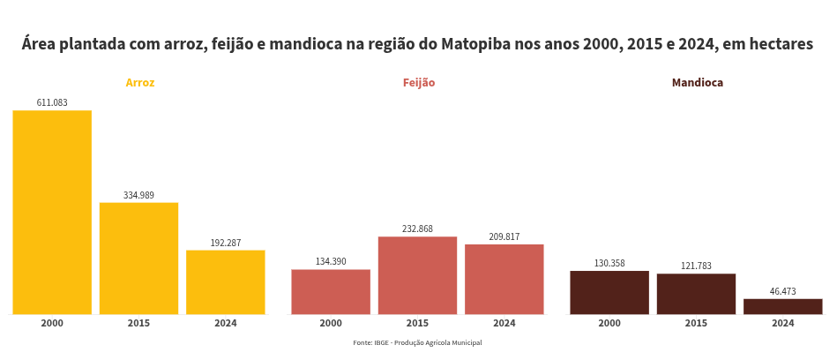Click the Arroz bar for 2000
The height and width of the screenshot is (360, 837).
pyautogui.click(x=52, y=212)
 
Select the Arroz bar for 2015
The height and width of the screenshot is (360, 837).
pyautogui.click(x=138, y=258)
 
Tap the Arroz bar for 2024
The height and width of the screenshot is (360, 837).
pyautogui.click(x=225, y=281)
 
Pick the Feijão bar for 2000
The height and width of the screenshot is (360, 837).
pyautogui.click(x=331, y=291)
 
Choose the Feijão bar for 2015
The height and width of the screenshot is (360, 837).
pyautogui.click(x=417, y=275)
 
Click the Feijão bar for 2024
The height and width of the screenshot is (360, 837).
pyautogui.click(x=504, y=279)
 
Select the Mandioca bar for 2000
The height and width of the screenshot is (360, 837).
pyautogui.click(x=609, y=292)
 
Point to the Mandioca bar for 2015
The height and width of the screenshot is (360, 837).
pyautogui.click(x=696, y=294)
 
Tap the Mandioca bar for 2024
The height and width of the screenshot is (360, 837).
pyautogui.click(x=782, y=306)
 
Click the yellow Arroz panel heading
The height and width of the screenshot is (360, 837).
pyautogui.click(x=140, y=83)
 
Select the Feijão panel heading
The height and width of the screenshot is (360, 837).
pyautogui.click(x=419, y=83)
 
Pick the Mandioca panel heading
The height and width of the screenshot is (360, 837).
pyautogui.click(x=697, y=83)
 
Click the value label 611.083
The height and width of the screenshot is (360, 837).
pyautogui.click(x=52, y=102)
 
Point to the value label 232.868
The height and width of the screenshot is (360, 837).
pyautogui.click(x=417, y=229)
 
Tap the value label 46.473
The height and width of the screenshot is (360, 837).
pyautogui.click(x=782, y=291)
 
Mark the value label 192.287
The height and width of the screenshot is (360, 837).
pyautogui.click(x=225, y=243)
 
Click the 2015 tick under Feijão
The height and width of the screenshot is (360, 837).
pyautogui.click(x=417, y=324)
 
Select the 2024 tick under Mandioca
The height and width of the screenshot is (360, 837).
pyautogui.click(x=782, y=324)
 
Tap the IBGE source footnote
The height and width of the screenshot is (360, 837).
pyautogui.click(x=417, y=342)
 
